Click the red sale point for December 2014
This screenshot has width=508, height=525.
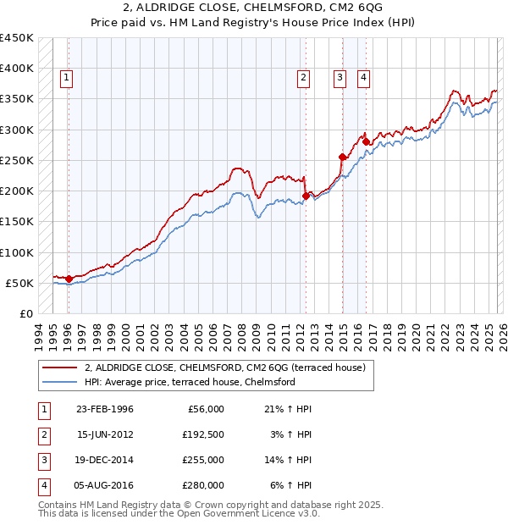click(x=342, y=157)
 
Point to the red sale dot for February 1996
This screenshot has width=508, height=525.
click(x=69, y=279)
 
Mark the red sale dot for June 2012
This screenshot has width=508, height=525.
click(x=306, y=196)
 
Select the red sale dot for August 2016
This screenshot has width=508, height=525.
click(x=366, y=141)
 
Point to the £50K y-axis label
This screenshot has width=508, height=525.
click(x=19, y=283)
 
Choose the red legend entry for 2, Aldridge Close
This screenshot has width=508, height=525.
click(x=224, y=367)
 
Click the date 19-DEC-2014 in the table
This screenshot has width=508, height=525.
click(x=105, y=461)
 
